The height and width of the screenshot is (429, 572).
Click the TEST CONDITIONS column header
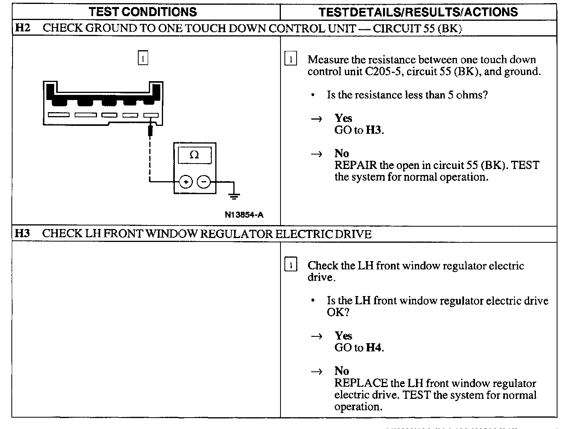(x=143, y=12)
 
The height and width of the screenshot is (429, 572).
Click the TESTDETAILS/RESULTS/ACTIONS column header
(x=418, y=12)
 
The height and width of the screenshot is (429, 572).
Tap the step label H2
(x=23, y=28)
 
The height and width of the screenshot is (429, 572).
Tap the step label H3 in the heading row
(x=22, y=234)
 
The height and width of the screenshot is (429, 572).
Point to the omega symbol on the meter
(x=194, y=155)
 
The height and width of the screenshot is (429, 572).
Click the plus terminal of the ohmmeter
(x=186, y=182)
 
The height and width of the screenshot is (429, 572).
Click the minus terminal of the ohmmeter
(x=203, y=182)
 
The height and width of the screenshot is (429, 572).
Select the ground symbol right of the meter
(x=235, y=195)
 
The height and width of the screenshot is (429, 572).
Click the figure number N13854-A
(x=244, y=215)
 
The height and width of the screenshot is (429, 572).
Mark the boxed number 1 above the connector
(x=143, y=58)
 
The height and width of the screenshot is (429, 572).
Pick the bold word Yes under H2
(x=343, y=118)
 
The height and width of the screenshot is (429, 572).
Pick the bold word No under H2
(x=341, y=153)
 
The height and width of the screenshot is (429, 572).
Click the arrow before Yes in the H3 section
(x=317, y=336)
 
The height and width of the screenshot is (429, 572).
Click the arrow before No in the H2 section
(x=317, y=154)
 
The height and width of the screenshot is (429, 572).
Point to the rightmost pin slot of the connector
(x=151, y=115)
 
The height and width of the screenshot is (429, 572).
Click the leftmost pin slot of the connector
(x=59, y=115)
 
